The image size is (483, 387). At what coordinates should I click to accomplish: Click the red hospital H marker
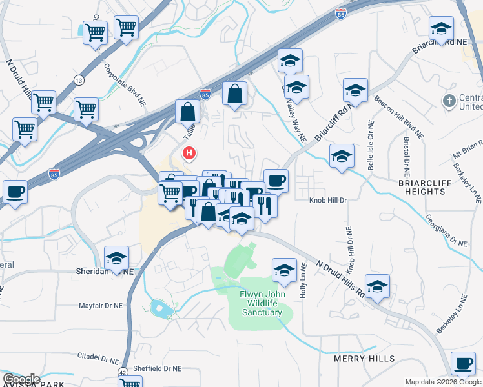coord(189,154)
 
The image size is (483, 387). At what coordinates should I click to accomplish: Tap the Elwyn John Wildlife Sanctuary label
coord(262,304)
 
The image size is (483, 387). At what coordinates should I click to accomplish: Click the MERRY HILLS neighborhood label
coord(360,358)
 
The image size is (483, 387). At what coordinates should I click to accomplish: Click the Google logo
coord(21,379)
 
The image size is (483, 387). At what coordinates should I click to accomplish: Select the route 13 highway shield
coord(79,80)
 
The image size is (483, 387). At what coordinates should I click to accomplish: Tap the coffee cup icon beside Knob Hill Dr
coord(276,181)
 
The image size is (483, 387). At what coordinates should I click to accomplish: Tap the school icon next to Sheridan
coord(117,258)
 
